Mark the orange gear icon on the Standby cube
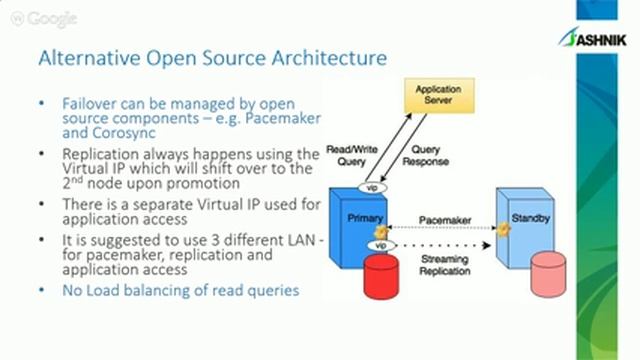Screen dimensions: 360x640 coord(505,229)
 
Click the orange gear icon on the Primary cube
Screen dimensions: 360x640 coord(381,231)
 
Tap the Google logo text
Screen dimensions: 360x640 coord(50,19)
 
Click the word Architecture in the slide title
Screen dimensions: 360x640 coord(330,58)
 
